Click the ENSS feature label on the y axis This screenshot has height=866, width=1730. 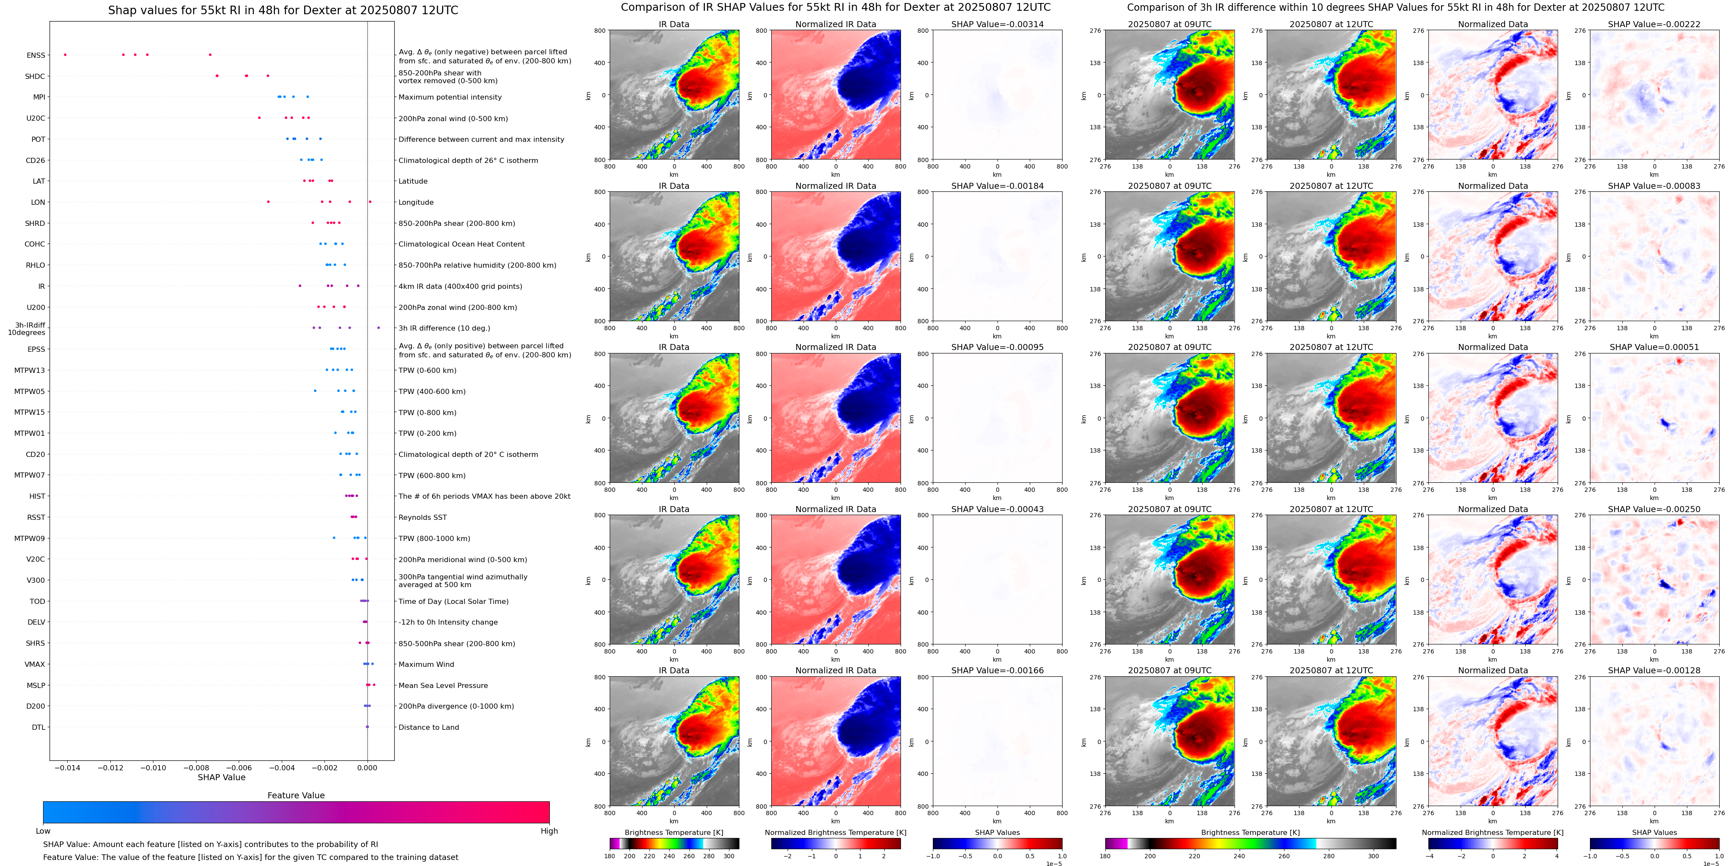click(x=36, y=55)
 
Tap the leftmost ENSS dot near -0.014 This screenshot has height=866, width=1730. click(x=65, y=54)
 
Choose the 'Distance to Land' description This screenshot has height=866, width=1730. click(x=428, y=727)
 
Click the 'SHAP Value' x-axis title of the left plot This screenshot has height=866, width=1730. click(x=221, y=777)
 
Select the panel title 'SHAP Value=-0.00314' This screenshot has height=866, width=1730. click(x=997, y=24)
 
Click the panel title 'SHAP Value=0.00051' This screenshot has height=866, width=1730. click(x=1654, y=347)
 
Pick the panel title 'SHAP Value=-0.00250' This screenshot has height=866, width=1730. click(x=1654, y=509)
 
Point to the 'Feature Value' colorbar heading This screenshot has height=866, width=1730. click(x=296, y=795)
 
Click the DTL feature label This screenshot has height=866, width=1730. click(x=38, y=727)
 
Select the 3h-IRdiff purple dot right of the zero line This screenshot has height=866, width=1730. click(x=379, y=328)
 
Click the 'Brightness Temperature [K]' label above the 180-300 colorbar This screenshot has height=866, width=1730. click(x=673, y=832)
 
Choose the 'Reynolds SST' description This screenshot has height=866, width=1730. click(x=422, y=517)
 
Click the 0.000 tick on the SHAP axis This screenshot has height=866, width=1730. click(x=368, y=767)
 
